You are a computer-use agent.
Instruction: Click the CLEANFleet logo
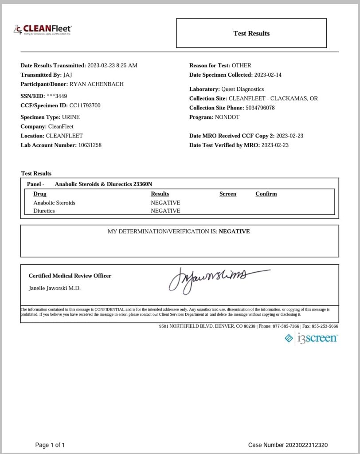click(x=43, y=30)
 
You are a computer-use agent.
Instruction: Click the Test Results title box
click(x=251, y=33)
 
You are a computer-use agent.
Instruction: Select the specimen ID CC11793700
click(x=85, y=106)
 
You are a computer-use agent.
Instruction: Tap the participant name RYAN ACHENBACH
click(x=97, y=84)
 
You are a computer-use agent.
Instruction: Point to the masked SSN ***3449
click(x=57, y=96)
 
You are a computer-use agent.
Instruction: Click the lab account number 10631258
click(x=90, y=145)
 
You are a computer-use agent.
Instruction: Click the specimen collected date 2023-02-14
click(x=268, y=75)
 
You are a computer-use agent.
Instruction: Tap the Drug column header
click(x=40, y=194)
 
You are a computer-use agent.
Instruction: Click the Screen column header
click(x=228, y=194)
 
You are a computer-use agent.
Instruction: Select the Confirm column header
click(x=266, y=194)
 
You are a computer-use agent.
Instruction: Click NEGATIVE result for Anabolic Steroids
click(x=165, y=203)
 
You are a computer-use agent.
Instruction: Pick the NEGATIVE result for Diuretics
click(x=165, y=211)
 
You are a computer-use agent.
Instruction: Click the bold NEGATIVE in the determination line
click(x=234, y=231)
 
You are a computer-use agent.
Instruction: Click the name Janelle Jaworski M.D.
click(x=55, y=288)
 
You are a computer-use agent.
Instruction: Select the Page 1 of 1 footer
click(x=50, y=445)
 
